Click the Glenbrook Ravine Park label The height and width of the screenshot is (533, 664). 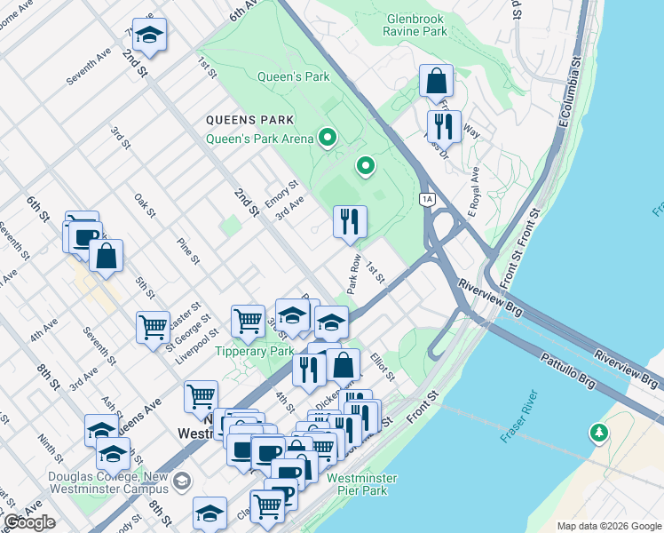(x=415, y=24)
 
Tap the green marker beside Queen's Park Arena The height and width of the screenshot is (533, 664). (x=328, y=138)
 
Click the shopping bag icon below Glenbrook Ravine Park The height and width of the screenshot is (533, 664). (x=437, y=82)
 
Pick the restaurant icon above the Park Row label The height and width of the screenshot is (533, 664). (x=350, y=220)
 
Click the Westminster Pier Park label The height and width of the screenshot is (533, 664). (x=361, y=484)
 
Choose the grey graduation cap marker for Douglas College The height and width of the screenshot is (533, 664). (x=182, y=481)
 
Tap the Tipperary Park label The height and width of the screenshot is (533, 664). (x=254, y=351)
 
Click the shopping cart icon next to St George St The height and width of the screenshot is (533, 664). (x=153, y=328)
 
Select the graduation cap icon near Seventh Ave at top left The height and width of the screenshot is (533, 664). (x=149, y=35)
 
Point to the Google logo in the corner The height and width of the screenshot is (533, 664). (x=30, y=522)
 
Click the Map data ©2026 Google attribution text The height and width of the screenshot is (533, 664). (x=609, y=526)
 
